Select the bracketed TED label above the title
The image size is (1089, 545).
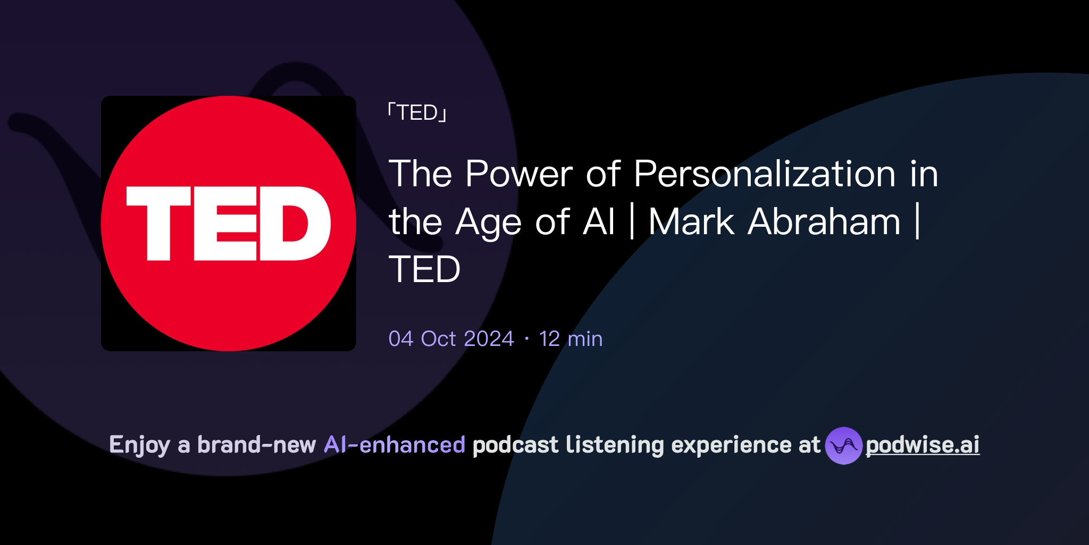click(x=417, y=113)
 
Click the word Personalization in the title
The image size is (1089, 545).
click(x=765, y=174)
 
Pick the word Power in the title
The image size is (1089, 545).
click(x=519, y=174)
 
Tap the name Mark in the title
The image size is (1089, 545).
click(x=691, y=222)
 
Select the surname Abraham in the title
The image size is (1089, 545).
click(x=824, y=222)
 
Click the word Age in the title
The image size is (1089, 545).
click(x=488, y=223)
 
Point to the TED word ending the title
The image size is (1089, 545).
click(x=424, y=269)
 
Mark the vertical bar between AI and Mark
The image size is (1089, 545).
click(x=632, y=222)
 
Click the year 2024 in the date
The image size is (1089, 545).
click(x=489, y=339)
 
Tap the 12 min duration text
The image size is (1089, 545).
click(x=571, y=339)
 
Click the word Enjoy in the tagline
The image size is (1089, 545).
click(x=139, y=445)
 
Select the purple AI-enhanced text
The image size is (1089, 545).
click(x=395, y=445)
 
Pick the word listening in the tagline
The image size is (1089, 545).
click(x=615, y=445)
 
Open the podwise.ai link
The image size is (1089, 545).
click(x=923, y=445)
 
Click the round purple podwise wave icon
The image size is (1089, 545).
click(x=843, y=445)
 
